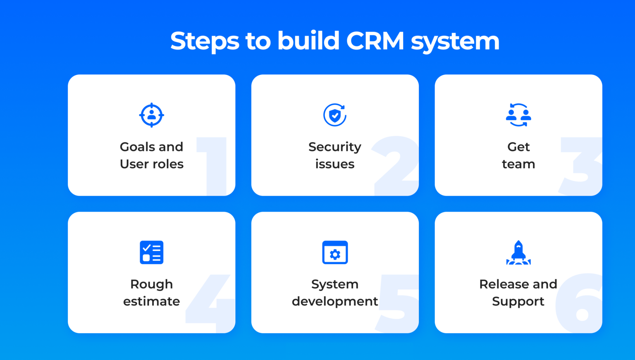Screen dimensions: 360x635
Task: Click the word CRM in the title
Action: click(375, 41)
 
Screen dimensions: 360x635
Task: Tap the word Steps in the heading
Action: click(205, 41)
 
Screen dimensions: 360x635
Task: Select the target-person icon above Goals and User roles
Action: click(151, 115)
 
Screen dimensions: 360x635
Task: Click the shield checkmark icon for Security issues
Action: click(335, 115)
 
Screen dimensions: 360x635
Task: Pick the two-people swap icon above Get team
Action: click(518, 115)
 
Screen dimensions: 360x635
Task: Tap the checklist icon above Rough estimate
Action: click(151, 252)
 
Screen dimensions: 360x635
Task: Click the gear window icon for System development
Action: click(335, 252)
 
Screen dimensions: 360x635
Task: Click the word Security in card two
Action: click(335, 147)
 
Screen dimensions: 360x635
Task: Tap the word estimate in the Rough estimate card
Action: click(151, 301)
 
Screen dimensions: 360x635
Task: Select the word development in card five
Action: click(335, 302)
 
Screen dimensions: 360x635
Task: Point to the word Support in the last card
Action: click(518, 302)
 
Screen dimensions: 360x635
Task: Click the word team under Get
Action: click(518, 164)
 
